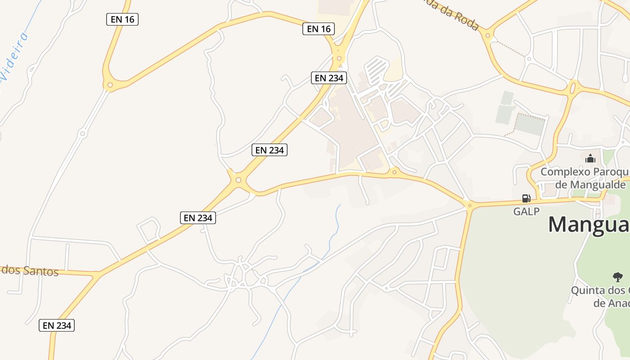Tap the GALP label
coord(526,211)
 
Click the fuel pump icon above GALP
coord(526,198)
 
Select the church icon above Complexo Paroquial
coord(590,158)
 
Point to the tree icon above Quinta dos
coord(617,277)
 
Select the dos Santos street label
coord(30,271)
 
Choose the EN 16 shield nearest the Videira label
coord(122,19)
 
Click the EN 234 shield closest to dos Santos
coord(56,325)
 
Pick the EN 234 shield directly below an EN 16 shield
coord(329,78)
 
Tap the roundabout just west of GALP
coord(469,206)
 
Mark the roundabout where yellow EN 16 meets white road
coord(109,84)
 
